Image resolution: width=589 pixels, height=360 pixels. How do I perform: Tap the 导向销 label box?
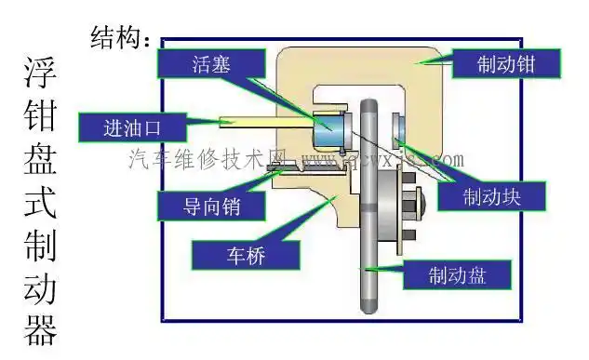point(199,205)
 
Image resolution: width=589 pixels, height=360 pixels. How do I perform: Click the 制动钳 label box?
point(506,64)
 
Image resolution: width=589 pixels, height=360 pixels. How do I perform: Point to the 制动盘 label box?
point(457,274)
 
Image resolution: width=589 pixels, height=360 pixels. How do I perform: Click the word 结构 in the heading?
point(118,38)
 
